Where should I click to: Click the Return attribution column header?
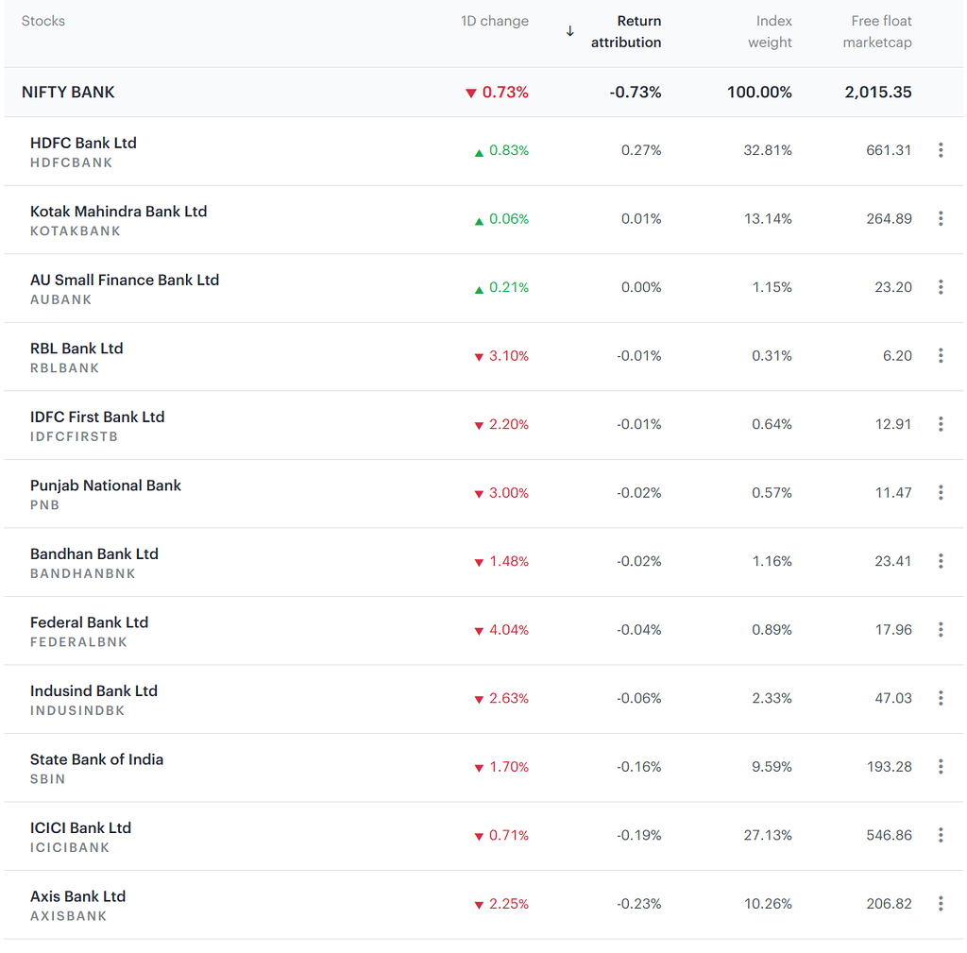(x=626, y=32)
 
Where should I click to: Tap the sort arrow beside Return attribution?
(x=569, y=31)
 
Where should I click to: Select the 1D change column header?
(x=495, y=21)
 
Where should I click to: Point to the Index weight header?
(x=771, y=32)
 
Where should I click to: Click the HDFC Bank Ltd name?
(x=83, y=143)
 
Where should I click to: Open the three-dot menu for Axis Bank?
(x=941, y=904)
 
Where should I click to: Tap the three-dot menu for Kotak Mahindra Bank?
(x=941, y=218)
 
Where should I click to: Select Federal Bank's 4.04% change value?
(x=509, y=630)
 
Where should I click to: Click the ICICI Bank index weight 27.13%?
(x=768, y=835)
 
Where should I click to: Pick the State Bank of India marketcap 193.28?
(x=889, y=767)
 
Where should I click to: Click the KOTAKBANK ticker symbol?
(x=76, y=231)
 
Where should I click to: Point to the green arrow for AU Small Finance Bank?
(x=479, y=289)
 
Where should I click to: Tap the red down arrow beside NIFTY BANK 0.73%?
(x=471, y=94)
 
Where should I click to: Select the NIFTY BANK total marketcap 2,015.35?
(x=878, y=93)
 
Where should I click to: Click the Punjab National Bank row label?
(x=106, y=485)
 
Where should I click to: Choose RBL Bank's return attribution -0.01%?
(x=639, y=356)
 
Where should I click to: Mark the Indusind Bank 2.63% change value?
(x=509, y=698)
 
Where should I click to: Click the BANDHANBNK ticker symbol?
(x=83, y=574)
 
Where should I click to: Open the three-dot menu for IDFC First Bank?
(x=941, y=424)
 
